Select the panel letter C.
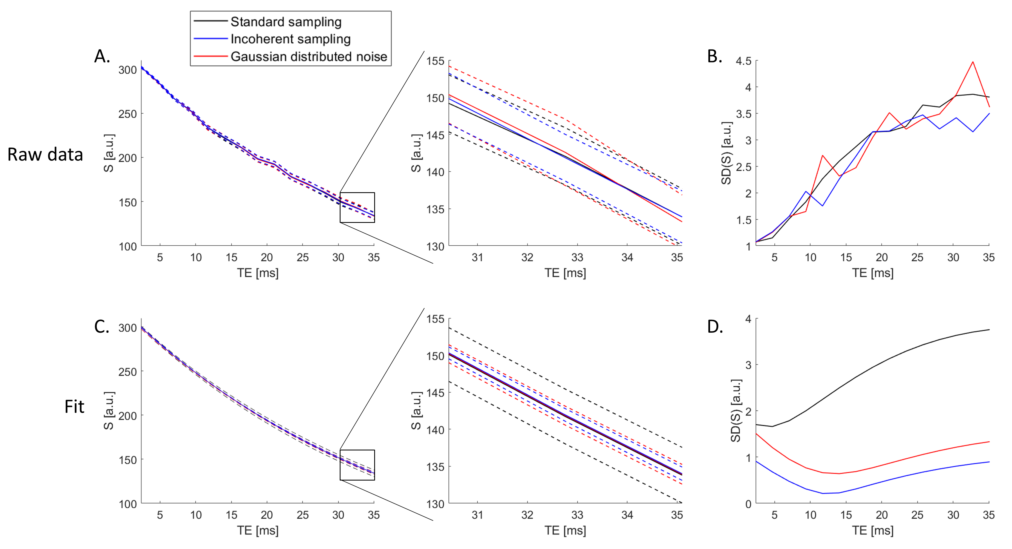click(x=102, y=327)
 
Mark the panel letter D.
click(x=715, y=327)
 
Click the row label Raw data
click(x=45, y=154)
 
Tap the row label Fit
click(x=74, y=407)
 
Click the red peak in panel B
click(x=973, y=62)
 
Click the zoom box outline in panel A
click(x=357, y=192)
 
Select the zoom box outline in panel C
click(x=357, y=450)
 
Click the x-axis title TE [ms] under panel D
click(x=873, y=531)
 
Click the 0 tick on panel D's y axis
click(x=748, y=504)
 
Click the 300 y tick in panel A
click(x=128, y=70)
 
